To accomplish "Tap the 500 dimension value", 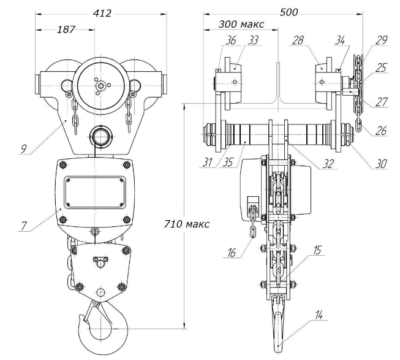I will [290, 10].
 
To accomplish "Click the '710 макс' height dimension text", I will [187, 224].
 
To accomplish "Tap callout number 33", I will [236, 41].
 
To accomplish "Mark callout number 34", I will [341, 41].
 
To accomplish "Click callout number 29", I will [382, 40].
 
